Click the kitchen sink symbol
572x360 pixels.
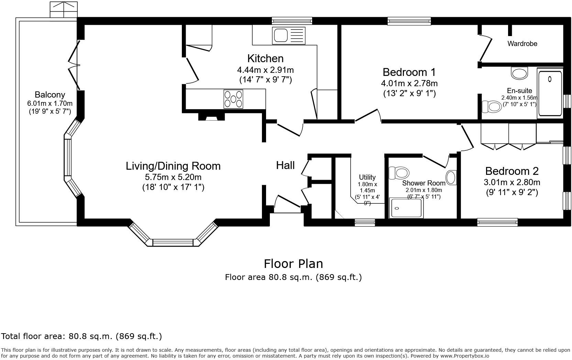tap(289, 35)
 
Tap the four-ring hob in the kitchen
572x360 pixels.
tap(233, 99)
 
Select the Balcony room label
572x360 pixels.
tap(50, 95)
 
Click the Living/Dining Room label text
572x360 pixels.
tap(173, 166)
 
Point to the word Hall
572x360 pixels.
tap(285, 166)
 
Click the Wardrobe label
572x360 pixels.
tap(522, 44)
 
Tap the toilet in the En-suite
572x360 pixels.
tap(492, 106)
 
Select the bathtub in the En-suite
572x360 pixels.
tap(550, 93)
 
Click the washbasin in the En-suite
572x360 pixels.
tap(519, 73)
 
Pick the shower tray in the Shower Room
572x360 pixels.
tap(406, 208)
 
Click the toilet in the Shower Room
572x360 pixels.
tap(398, 172)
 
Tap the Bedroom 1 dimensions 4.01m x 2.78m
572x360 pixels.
tap(409, 83)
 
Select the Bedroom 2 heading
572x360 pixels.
tap(511, 171)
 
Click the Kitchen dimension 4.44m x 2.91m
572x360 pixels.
tap(265, 70)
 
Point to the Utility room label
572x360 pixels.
tap(367, 177)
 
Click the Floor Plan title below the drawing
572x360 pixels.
tap(293, 264)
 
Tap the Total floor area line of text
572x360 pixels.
tap(81, 336)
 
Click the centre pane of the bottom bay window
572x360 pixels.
tap(173, 243)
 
